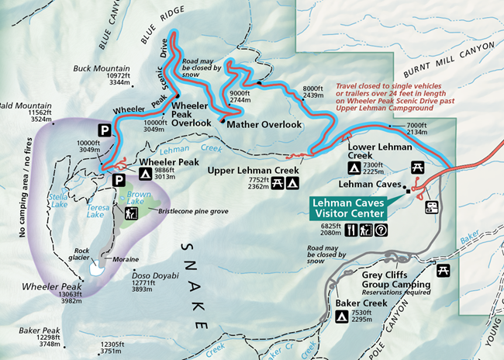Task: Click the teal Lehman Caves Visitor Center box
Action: coord(347,207)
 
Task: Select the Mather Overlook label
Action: coord(264,124)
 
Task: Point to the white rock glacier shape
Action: coord(96,269)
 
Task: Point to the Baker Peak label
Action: coord(26,330)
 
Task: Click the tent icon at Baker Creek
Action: coord(341,317)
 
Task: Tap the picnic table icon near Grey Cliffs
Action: coord(444,269)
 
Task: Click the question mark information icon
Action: coord(380,230)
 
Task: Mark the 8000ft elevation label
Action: coord(312,88)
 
